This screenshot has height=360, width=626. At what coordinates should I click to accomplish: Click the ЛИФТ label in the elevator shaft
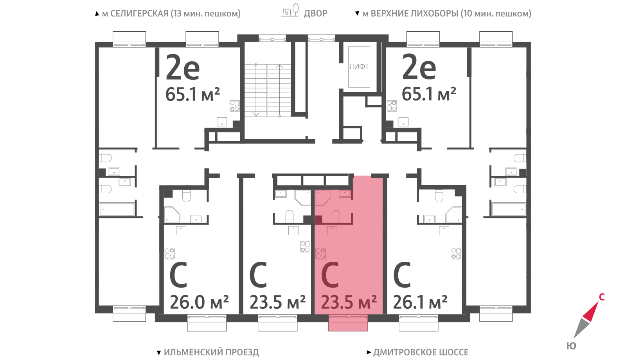[359, 67]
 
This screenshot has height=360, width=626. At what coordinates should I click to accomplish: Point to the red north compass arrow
[590, 311]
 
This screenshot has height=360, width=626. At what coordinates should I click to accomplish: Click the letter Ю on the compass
[571, 346]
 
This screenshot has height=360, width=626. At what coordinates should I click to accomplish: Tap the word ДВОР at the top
[315, 13]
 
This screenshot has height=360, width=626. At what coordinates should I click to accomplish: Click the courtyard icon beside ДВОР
[290, 10]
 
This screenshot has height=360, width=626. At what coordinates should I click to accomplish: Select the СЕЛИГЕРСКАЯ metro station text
[139, 13]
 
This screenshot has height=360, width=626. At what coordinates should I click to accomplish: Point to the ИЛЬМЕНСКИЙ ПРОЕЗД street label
[211, 352]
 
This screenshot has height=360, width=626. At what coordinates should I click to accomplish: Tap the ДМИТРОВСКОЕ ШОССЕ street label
[421, 352]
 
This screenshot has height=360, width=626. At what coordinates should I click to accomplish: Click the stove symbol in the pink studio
[320, 254]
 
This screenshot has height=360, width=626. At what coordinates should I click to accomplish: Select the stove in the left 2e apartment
[235, 106]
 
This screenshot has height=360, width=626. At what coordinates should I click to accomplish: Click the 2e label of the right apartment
[419, 67]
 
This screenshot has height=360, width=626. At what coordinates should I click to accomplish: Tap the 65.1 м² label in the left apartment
[192, 94]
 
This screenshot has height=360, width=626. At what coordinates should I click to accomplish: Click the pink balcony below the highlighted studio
[348, 323]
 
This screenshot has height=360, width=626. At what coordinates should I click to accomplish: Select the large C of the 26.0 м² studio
[178, 275]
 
